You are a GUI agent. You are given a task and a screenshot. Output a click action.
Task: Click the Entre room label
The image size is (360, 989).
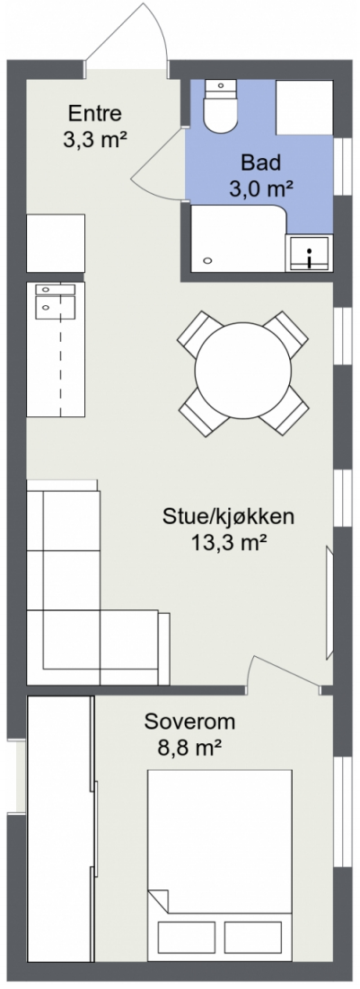[94, 115]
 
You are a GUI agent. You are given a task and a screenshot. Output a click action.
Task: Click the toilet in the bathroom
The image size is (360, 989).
[219, 107]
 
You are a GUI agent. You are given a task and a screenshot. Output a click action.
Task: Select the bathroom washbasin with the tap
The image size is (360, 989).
[308, 254]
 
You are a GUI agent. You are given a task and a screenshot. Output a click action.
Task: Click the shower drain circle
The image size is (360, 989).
[208, 261]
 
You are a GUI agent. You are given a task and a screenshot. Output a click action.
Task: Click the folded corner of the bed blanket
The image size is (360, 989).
[159, 898]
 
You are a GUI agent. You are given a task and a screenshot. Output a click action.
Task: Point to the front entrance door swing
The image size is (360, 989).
[135, 36]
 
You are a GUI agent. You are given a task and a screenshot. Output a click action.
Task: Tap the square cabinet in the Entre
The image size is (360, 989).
[56, 242]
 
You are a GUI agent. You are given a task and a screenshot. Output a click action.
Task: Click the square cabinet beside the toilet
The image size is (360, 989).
[304, 107]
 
